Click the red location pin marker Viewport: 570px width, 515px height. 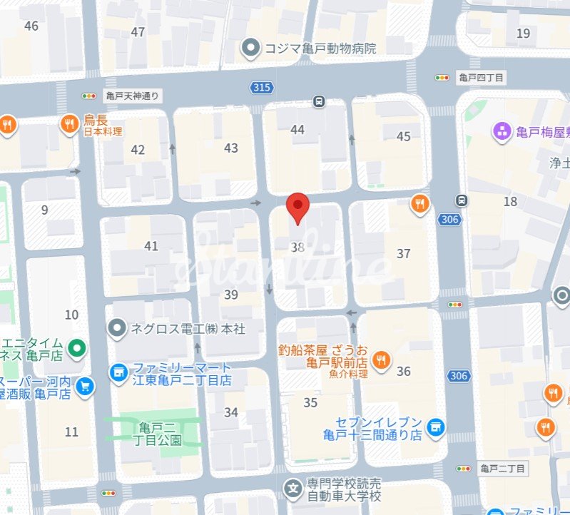pyautogui.click(x=297, y=207)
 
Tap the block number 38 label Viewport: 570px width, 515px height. pyautogui.click(x=298, y=248)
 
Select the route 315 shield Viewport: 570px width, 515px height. pyautogui.click(x=261, y=87)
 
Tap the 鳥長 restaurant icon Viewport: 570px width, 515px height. pyautogui.click(x=69, y=123)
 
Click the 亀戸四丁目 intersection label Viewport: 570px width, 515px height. pyautogui.click(x=482, y=77)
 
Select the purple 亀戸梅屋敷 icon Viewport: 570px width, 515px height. pyautogui.click(x=502, y=131)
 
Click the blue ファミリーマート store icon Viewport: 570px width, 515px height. pyautogui.click(x=118, y=372)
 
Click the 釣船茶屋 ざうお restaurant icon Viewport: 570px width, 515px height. pyautogui.click(x=382, y=360)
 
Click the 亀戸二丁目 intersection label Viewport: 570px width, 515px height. pyautogui.click(x=502, y=469)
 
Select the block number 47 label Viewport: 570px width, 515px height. pyautogui.click(x=138, y=32)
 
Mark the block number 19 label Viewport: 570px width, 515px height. pyautogui.click(x=524, y=33)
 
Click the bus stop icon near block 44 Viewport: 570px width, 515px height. pyautogui.click(x=319, y=101)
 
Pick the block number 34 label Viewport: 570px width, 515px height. pyautogui.click(x=231, y=412)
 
